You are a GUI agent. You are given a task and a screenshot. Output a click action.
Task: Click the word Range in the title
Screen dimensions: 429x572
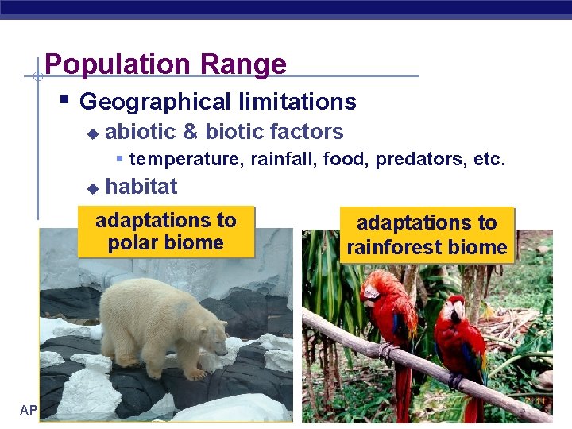pos(245,64)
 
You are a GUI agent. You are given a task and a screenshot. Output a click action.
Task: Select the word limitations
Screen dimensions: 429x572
pos(295,102)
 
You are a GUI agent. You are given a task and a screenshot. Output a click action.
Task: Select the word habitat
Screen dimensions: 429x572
pos(141,187)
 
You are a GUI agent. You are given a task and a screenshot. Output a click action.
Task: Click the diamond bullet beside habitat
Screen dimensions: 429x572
pos(92,188)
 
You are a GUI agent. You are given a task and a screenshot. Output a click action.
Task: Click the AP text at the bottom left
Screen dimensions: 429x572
pos(29,410)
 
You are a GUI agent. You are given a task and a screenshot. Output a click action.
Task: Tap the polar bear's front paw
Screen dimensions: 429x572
pos(193,373)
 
